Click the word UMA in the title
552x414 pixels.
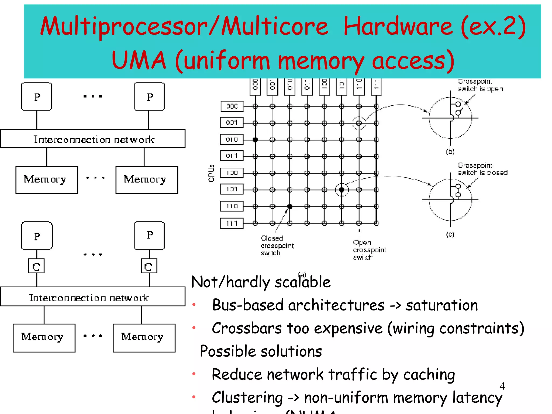coord(139,61)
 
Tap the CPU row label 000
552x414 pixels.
coord(232,106)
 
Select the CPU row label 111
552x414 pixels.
coord(232,223)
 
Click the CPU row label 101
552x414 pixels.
coord(232,189)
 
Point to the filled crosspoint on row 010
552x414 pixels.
coord(255,140)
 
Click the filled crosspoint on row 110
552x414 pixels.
coord(290,206)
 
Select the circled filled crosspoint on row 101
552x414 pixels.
coord(341,190)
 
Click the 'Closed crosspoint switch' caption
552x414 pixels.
coord(277,246)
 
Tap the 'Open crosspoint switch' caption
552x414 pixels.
coord(369,250)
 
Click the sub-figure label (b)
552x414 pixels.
coord(450,151)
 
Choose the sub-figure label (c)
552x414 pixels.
coord(450,234)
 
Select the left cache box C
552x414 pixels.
coord(36,266)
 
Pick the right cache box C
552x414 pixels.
coord(149,266)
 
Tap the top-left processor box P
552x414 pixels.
coord(36,97)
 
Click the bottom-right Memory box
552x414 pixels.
coord(144,338)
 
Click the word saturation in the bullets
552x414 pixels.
coord(441,305)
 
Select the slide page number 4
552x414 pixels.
coord(502,386)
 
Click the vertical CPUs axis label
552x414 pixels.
coord(211,173)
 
